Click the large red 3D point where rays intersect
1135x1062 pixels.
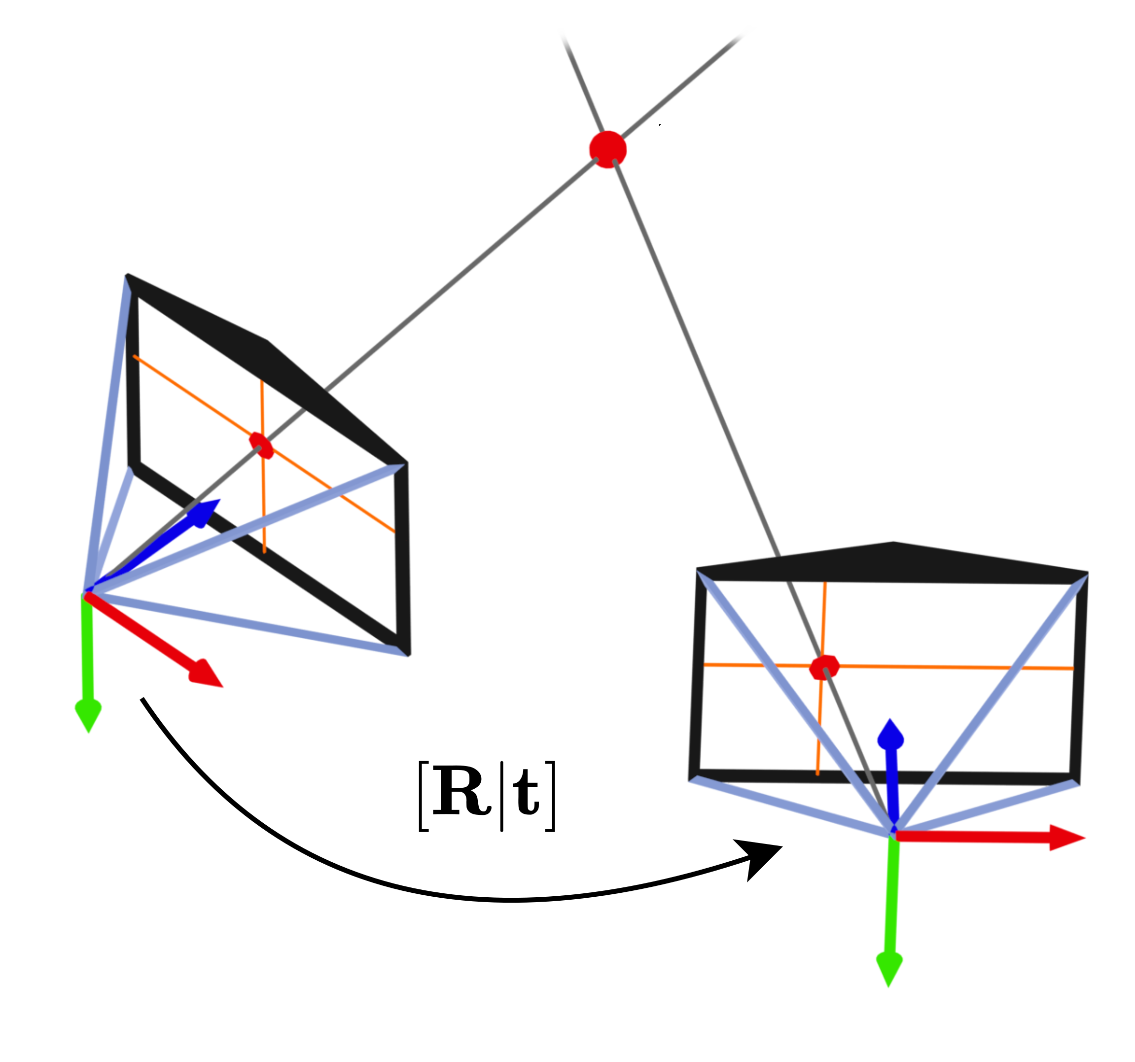[x=607, y=149]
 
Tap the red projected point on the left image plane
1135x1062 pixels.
[x=261, y=445]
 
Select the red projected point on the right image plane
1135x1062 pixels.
[x=824, y=667]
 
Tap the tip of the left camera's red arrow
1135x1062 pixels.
[x=221, y=686]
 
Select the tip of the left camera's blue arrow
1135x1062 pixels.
[x=219, y=500]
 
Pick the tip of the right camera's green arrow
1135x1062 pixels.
[x=888, y=986]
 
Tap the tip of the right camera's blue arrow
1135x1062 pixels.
[x=890, y=720]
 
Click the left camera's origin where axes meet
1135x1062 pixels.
[x=87, y=592]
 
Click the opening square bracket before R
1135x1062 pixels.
[x=423, y=796]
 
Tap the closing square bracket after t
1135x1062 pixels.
[x=550, y=796]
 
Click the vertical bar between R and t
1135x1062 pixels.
[x=501, y=796]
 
